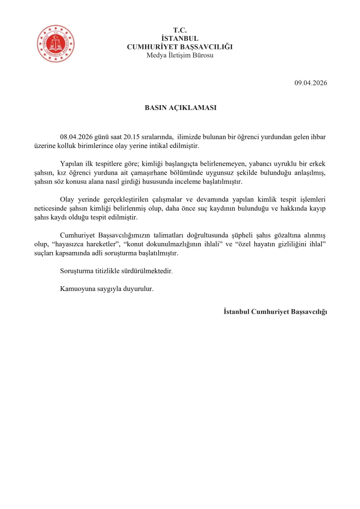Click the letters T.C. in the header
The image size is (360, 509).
coord(180,30)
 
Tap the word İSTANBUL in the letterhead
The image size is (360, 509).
coord(180,38)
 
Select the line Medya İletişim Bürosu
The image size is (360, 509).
coord(180,55)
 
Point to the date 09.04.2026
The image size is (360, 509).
coord(311,83)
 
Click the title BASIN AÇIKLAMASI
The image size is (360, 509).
coord(180,108)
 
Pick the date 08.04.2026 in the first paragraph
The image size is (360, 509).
coord(77,137)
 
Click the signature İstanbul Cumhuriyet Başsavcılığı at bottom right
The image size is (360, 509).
coord(275,312)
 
